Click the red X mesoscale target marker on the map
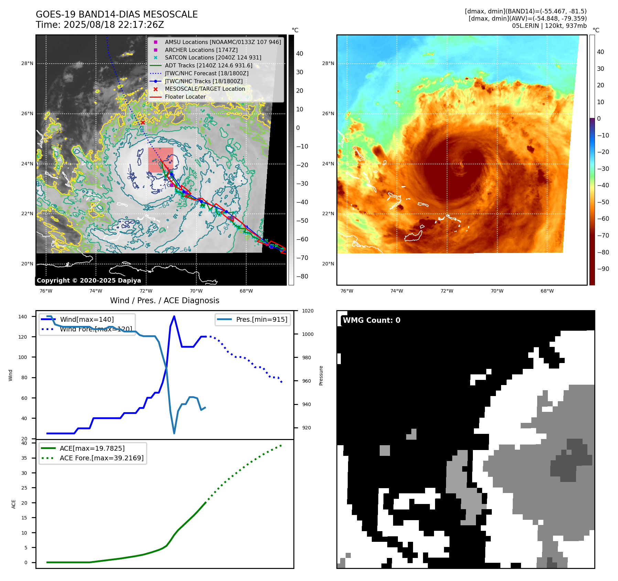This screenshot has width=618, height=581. coord(143,122)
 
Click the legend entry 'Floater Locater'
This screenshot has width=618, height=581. coord(185,97)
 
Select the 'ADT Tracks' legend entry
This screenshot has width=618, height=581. coord(208,65)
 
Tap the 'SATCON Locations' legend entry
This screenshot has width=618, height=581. coord(213,57)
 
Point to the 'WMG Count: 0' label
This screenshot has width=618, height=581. coord(371,320)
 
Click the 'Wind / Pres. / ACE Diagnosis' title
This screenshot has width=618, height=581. coord(164,300)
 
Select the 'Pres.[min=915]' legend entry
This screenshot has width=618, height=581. coord(261,319)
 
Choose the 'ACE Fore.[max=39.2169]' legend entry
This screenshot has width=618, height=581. coord(101,458)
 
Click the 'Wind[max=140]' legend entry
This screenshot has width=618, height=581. coord(87,319)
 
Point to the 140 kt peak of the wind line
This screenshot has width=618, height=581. coord(174,316)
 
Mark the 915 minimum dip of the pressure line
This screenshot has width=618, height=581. coord(174,433)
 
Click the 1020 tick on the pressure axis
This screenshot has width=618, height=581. coord(308,311)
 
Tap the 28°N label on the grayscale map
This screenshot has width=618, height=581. coord(27,63)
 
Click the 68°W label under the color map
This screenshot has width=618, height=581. coord(547,291)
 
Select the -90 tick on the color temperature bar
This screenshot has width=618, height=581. coord(603,269)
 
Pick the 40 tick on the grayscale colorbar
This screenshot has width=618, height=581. coord(300,54)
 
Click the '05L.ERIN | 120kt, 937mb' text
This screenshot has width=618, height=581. coord(549,26)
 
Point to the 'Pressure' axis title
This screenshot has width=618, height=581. coord(321,375)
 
